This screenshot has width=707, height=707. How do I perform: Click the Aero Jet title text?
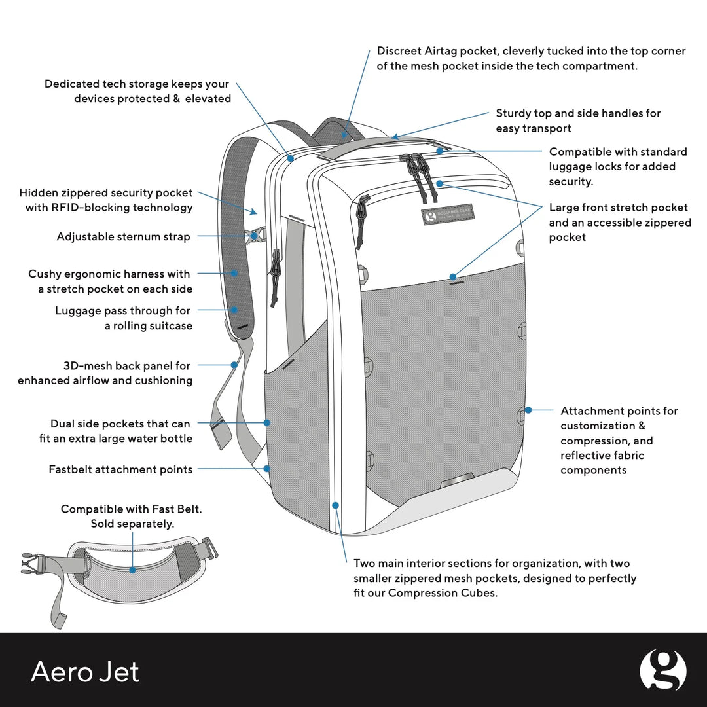click(85, 672)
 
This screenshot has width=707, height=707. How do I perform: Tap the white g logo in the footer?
click(662, 670)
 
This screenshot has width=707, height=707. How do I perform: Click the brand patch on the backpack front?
click(449, 216)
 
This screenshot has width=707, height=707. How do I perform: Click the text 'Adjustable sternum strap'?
click(123, 237)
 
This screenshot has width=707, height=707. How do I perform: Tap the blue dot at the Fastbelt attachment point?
click(267, 469)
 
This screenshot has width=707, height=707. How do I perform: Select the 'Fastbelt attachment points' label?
click(120, 469)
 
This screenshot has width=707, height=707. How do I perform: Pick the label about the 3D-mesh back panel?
click(105, 373)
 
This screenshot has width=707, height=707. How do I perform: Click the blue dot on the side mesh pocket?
click(267, 423)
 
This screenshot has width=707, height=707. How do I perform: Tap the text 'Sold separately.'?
click(132, 524)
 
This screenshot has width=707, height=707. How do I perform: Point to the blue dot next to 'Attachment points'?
click(529, 410)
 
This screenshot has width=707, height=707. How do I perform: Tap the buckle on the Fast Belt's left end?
click(31, 562)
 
